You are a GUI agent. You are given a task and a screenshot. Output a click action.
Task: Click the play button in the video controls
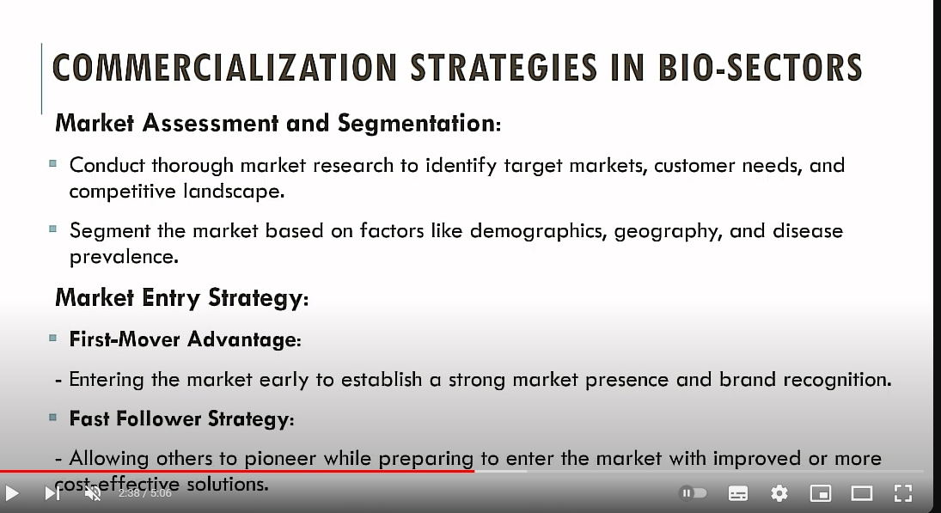[11, 493]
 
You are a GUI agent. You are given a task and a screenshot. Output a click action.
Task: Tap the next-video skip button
[52, 493]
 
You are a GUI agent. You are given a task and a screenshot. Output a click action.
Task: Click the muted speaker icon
[93, 493]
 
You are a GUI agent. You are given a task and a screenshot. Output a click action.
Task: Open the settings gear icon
[779, 493]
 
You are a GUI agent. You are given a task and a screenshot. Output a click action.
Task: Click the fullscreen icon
[903, 493]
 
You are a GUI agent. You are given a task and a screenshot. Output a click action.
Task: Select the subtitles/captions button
[737, 493]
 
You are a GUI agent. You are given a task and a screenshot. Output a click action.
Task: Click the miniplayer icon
[821, 493]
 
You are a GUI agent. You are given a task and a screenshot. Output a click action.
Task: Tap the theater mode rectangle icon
[862, 493]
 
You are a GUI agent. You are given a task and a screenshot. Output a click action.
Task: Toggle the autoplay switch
[693, 493]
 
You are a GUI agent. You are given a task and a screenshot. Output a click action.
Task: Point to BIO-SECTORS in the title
[761, 67]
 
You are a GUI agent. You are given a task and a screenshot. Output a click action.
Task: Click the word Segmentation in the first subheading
[419, 124]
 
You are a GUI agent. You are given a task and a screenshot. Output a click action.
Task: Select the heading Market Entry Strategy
[182, 298]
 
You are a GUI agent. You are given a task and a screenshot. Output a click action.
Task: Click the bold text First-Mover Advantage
[185, 339]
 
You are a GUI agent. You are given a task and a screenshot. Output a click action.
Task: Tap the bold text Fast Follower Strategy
[181, 418]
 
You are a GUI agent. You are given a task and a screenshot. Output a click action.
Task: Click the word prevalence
[124, 257]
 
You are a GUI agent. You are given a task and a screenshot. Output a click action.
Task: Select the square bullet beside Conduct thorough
[52, 163]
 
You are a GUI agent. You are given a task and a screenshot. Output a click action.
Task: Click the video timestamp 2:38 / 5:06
[144, 493]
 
